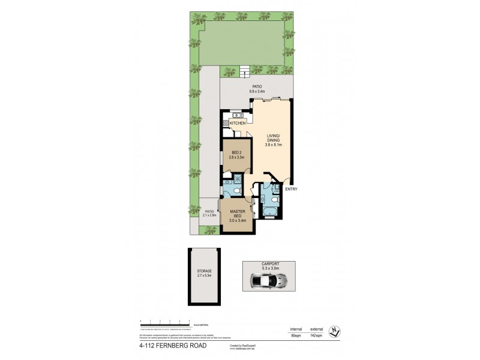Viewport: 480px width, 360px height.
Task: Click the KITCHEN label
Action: point(238,124)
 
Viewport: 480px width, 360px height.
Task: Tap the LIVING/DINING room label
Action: point(274,138)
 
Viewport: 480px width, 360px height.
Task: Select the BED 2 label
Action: point(235,152)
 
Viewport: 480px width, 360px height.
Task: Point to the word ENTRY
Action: point(292,190)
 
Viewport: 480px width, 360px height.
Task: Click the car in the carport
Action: point(269,280)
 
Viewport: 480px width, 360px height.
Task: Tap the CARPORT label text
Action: point(269,263)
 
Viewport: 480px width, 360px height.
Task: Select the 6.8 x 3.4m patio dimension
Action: point(257,92)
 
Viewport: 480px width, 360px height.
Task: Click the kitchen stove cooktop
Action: point(226,124)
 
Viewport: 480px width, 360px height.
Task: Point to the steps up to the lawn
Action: point(244,73)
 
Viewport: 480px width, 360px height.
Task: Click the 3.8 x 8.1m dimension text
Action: point(274,145)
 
